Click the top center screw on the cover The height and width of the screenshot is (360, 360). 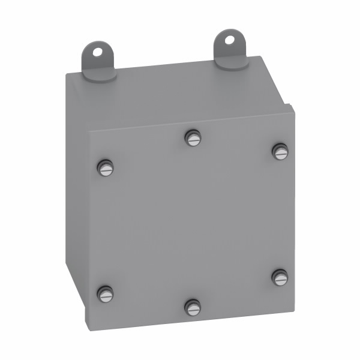(192, 138)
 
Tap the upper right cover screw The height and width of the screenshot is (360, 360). (280, 152)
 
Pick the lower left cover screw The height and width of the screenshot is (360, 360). (106, 293)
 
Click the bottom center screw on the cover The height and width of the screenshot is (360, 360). (192, 307)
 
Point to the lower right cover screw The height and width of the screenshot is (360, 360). (280, 277)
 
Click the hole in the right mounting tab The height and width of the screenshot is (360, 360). (230, 40)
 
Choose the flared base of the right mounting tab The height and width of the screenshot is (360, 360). (230, 62)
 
